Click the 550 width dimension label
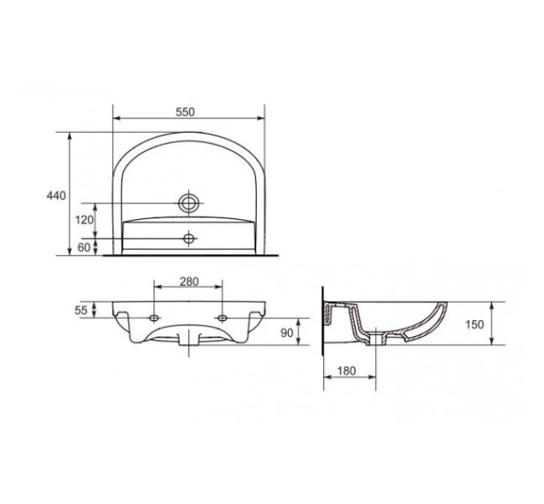(186, 112)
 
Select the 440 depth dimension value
(56, 196)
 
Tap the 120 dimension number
(85, 219)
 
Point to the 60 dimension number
(84, 247)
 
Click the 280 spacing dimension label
(189, 282)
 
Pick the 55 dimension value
(81, 310)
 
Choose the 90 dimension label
(286, 333)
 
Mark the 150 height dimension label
(474, 324)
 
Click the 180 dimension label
(346, 371)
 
